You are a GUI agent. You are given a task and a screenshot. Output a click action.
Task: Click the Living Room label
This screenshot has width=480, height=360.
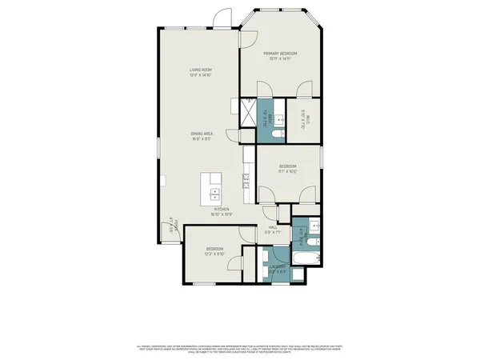(x=201, y=70)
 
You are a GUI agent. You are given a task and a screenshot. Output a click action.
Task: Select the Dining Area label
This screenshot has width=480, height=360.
(x=201, y=133)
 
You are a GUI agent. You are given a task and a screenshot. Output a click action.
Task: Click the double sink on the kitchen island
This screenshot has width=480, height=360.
(x=214, y=193)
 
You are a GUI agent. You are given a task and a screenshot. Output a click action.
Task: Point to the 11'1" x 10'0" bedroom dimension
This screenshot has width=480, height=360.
(x=288, y=171)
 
